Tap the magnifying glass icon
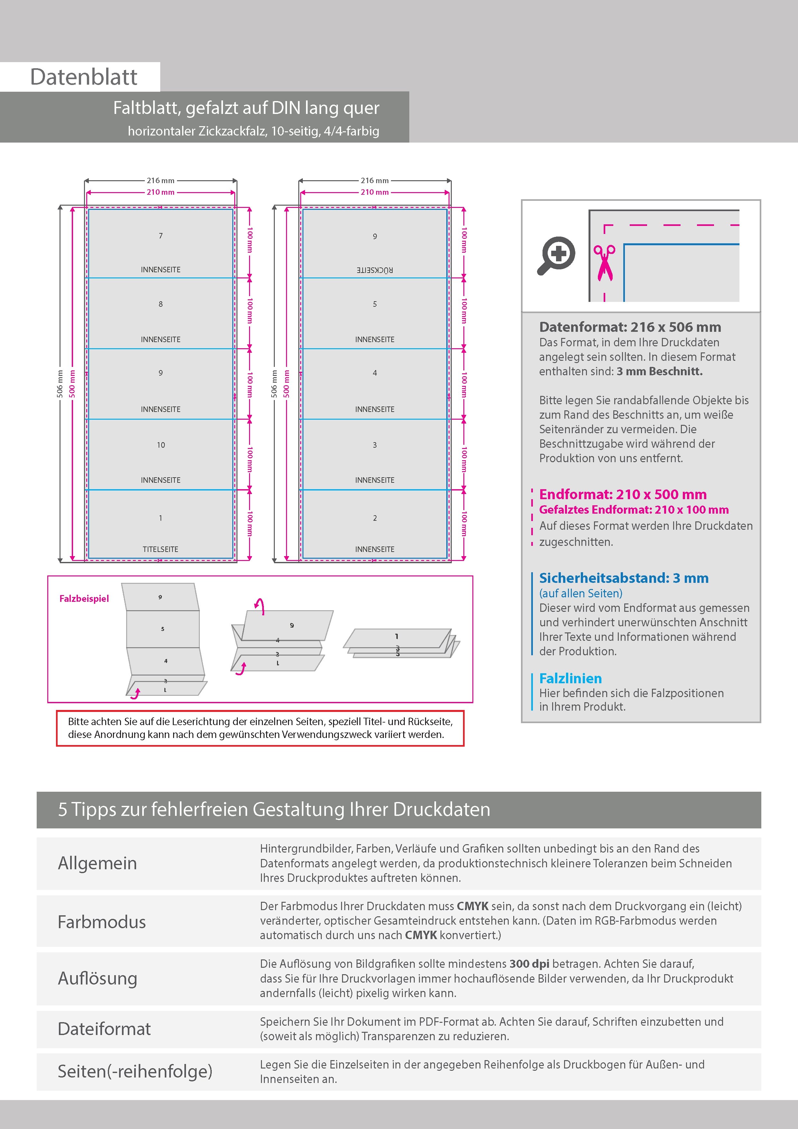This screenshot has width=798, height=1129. tap(556, 256)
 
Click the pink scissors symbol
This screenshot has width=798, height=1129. tap(604, 263)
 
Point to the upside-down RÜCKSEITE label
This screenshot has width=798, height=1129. tap(375, 270)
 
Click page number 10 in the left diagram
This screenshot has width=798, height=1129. tap(161, 445)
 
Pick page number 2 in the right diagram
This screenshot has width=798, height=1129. tap(375, 518)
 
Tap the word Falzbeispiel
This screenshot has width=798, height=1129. tap(84, 598)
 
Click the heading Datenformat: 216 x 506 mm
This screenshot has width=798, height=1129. tap(630, 327)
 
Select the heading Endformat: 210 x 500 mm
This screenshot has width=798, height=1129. tap(622, 494)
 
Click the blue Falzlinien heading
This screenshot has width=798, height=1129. tap(571, 678)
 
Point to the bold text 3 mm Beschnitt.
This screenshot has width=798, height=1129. tap(659, 371)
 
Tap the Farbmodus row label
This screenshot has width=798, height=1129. tap(102, 922)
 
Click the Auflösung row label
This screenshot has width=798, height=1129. tap(97, 978)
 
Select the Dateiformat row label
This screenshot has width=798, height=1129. tap(104, 1029)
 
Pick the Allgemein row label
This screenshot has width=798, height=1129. tap(97, 863)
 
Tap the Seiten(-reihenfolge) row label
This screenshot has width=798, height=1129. tap(135, 1071)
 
